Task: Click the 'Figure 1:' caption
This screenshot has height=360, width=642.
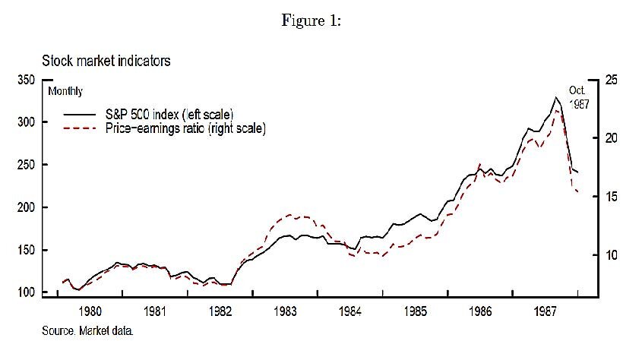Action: [311, 21]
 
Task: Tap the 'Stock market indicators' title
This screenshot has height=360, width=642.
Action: [106, 62]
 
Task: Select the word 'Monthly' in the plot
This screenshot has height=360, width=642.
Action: [65, 91]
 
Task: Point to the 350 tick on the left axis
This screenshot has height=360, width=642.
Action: [24, 80]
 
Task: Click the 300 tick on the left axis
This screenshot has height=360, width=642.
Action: [24, 122]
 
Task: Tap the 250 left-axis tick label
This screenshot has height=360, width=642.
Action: [24, 165]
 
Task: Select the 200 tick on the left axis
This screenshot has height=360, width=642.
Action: [24, 207]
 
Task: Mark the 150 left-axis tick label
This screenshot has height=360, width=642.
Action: [24, 250]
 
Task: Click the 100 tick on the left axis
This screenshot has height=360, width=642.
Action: [24, 292]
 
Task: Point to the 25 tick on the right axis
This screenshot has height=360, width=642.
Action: [612, 80]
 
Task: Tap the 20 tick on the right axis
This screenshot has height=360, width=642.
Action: [612, 138]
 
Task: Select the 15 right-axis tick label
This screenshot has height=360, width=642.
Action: [612, 197]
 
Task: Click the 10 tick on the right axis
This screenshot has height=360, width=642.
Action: [612, 255]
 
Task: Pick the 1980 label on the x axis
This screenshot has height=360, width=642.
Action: [90, 311]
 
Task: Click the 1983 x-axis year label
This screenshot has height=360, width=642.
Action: [286, 311]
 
